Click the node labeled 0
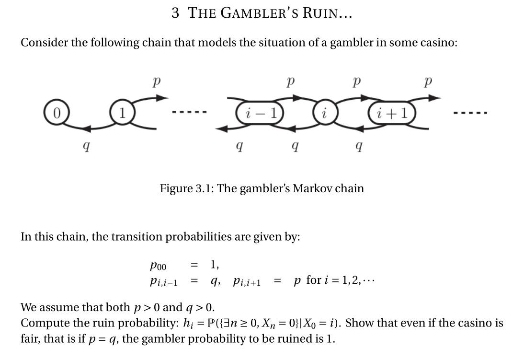[x=56, y=113]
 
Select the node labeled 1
[x=122, y=114]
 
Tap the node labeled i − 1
[x=260, y=114]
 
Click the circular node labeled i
[x=324, y=114]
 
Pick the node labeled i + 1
[x=392, y=114]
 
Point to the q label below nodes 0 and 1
[x=86, y=146]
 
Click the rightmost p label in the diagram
[x=428, y=82]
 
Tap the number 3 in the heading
[x=176, y=13]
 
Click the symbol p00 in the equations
[x=158, y=265]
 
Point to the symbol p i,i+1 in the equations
[x=247, y=281]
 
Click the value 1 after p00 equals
[x=213, y=264]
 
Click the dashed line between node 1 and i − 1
[x=189, y=113]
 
